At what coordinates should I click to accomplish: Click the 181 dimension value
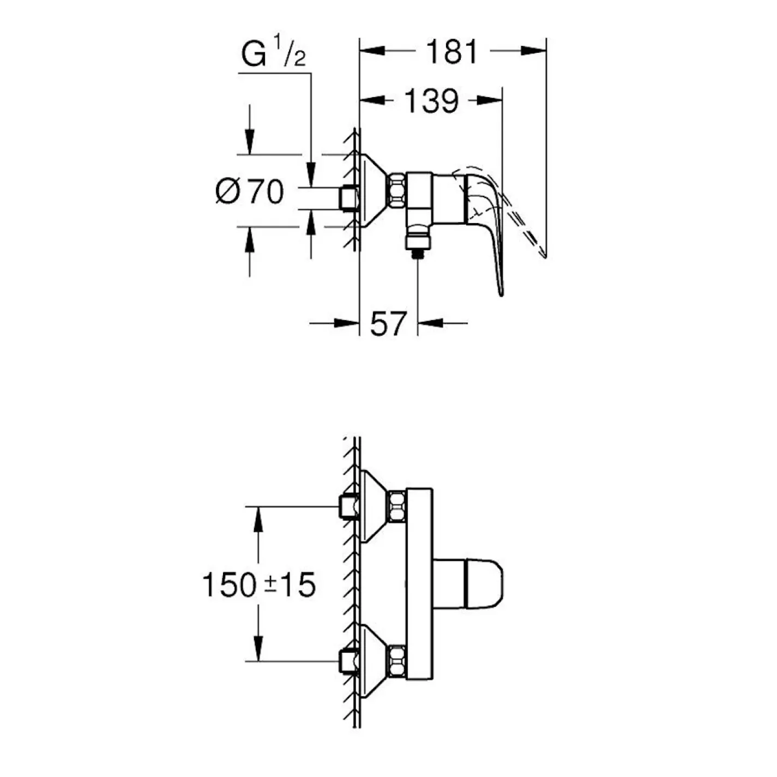coord(451,52)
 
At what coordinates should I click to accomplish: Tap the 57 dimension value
coord(389,324)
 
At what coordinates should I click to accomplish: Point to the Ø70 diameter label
coord(250,192)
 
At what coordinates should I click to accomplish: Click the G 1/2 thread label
coord(274,54)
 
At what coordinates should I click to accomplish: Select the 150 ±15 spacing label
coord(258,585)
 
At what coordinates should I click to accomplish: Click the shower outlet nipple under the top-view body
coord(418,243)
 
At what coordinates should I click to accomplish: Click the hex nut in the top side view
coord(397,190)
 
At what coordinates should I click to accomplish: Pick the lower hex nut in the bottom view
coord(396,661)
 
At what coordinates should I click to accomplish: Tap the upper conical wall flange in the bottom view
coord(374,506)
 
